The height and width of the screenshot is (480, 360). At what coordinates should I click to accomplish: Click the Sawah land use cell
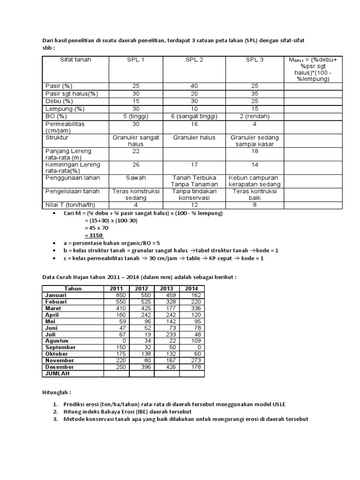click(x=136, y=179)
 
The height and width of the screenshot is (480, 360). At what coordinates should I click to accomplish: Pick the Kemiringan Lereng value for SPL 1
click(x=136, y=165)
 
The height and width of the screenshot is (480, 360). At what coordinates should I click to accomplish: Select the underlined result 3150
click(x=94, y=235)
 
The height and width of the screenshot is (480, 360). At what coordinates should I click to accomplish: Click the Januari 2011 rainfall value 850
click(x=116, y=295)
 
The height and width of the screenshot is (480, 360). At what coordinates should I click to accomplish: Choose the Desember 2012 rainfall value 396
click(x=142, y=367)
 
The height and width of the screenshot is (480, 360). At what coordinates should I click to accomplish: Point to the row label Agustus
click(x=57, y=341)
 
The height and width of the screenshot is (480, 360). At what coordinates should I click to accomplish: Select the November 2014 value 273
click(x=192, y=360)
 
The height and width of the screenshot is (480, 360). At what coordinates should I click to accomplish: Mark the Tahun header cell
click(x=73, y=289)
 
